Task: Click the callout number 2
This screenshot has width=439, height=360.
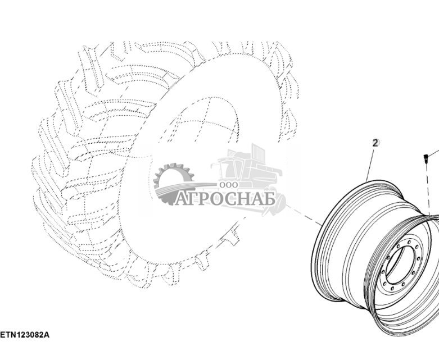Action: pyautogui.click(x=375, y=143)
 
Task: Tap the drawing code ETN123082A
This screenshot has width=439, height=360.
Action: pyautogui.click(x=25, y=335)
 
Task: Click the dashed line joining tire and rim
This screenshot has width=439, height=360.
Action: pyautogui.click(x=304, y=215)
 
